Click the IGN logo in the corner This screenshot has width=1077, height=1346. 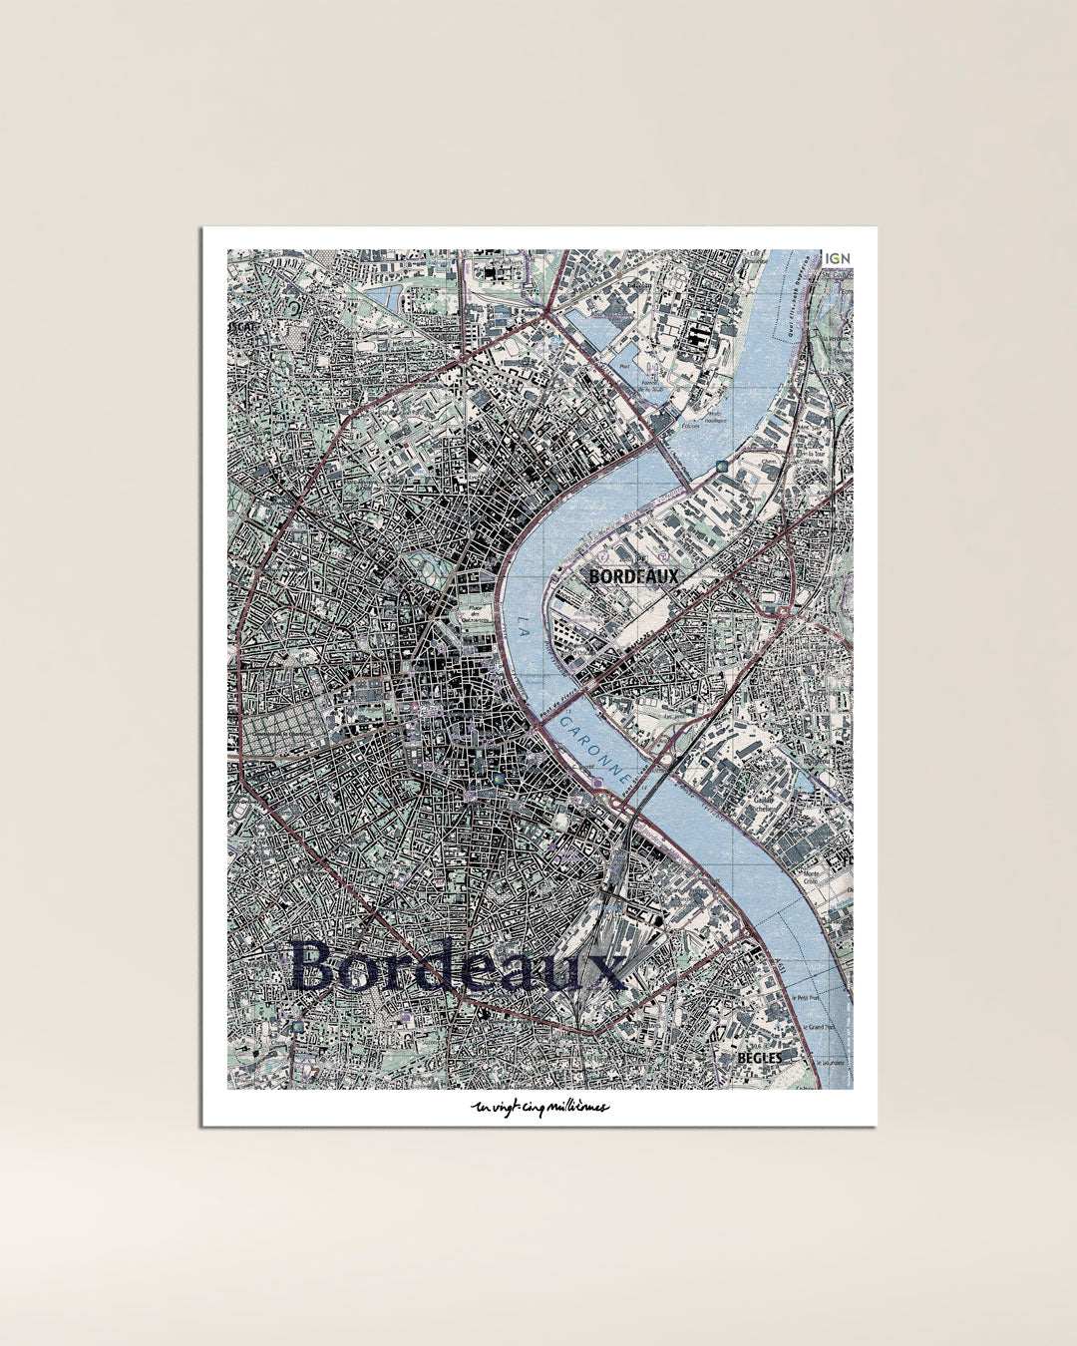[838, 258]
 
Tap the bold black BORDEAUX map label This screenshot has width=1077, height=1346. [633, 576]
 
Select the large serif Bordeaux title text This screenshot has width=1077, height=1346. [458, 966]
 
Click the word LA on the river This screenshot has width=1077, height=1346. [525, 627]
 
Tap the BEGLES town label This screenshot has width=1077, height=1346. [760, 1057]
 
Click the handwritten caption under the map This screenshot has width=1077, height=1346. [539, 1108]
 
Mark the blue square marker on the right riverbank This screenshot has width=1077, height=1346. [720, 465]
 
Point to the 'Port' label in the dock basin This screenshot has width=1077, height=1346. [625, 365]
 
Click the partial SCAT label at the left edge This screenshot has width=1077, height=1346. [241, 326]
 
